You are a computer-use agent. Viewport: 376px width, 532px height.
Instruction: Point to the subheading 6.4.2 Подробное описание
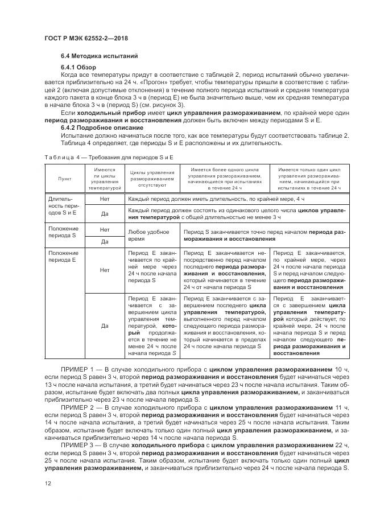(100, 127)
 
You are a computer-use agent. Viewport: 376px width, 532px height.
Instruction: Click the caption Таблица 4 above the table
(62, 156)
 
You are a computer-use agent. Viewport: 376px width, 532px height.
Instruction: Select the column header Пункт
(64, 178)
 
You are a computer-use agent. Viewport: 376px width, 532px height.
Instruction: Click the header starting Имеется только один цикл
(310, 178)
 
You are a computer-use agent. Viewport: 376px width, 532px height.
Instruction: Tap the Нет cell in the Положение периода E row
(105, 271)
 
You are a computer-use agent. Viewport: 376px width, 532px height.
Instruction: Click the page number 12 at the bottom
(47, 483)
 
